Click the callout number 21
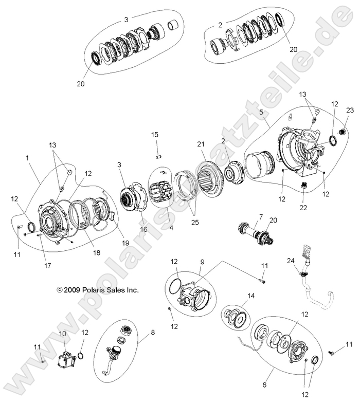201,144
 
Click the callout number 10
63,334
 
